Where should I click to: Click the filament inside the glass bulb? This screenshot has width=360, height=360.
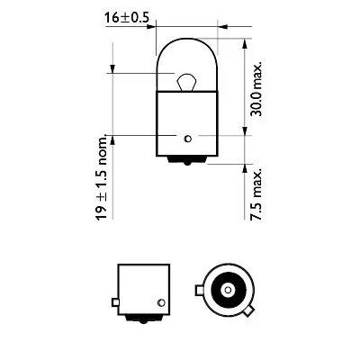click(x=184, y=82)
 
